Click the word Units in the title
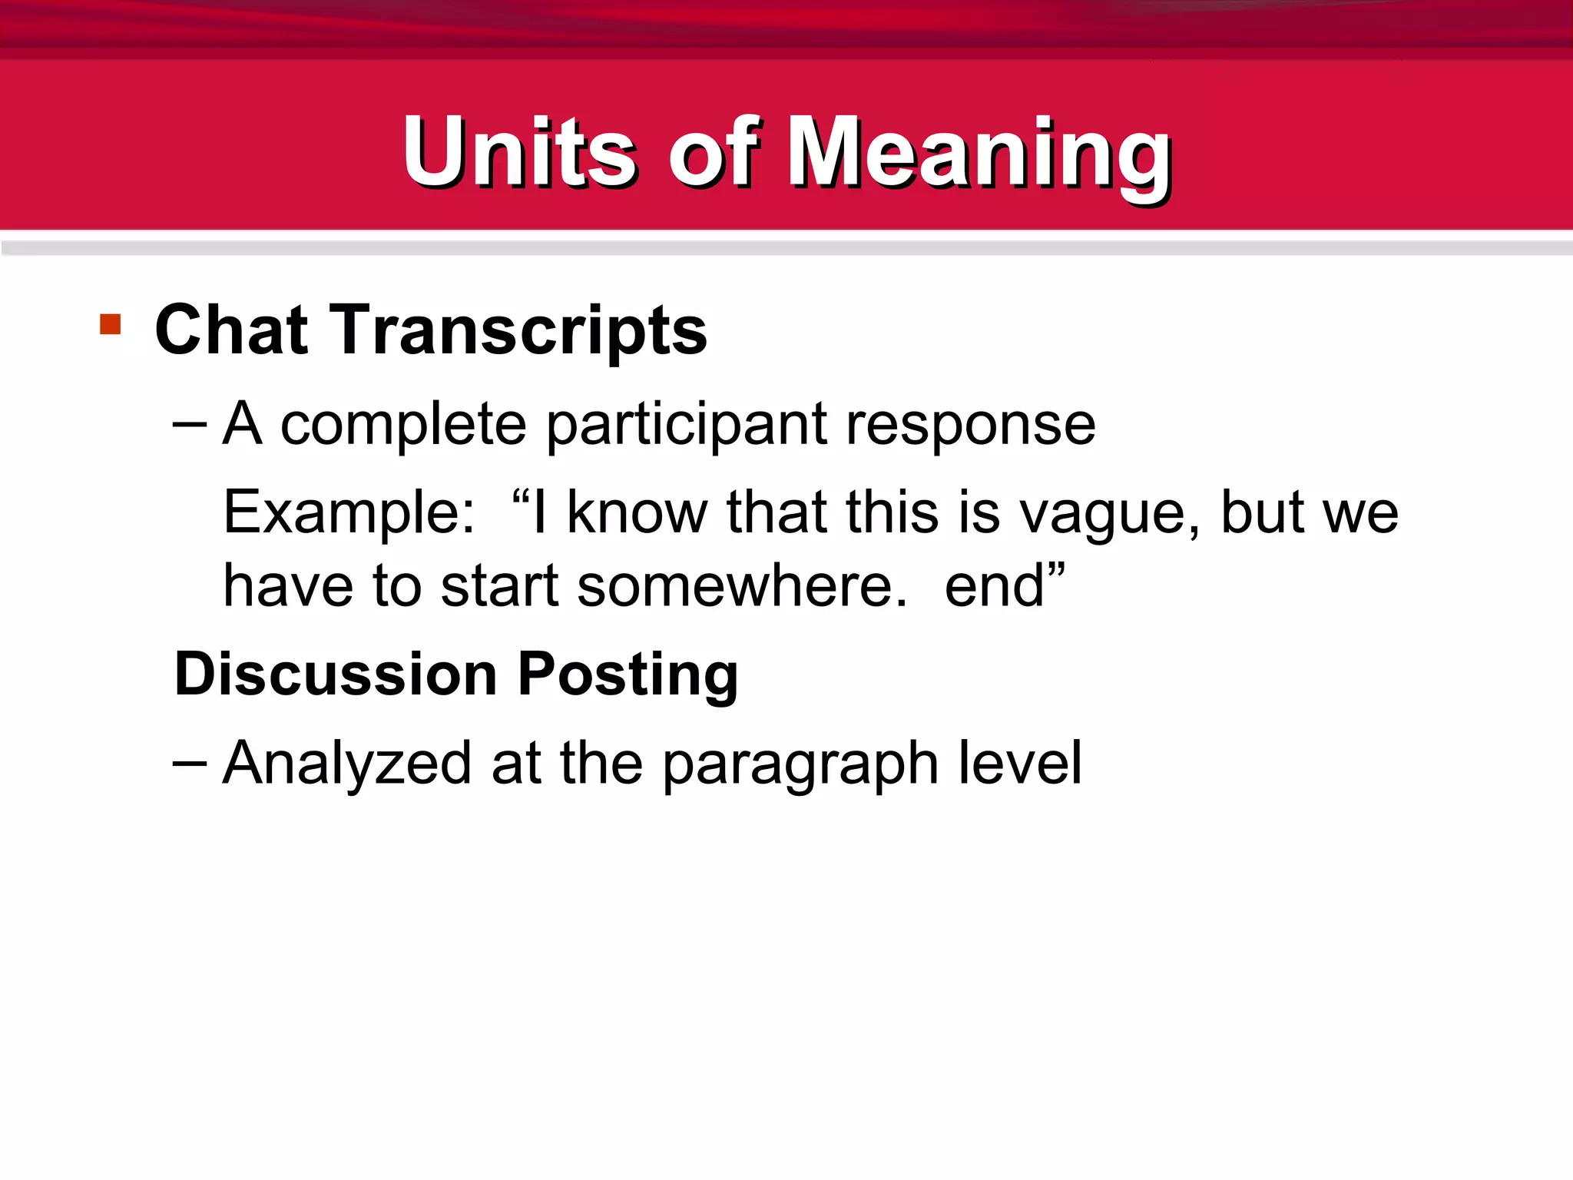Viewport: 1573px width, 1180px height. coord(519,151)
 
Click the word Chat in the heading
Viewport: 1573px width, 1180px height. coord(231,330)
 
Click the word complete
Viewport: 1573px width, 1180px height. coord(403,425)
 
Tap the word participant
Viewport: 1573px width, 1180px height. coord(687,425)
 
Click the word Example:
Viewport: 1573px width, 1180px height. coord(349,513)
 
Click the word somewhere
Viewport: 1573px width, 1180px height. coord(742,586)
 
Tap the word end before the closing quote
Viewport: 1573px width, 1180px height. coord(994,586)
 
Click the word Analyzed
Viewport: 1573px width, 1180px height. coord(346,764)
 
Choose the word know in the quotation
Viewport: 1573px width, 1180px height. coord(637,512)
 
